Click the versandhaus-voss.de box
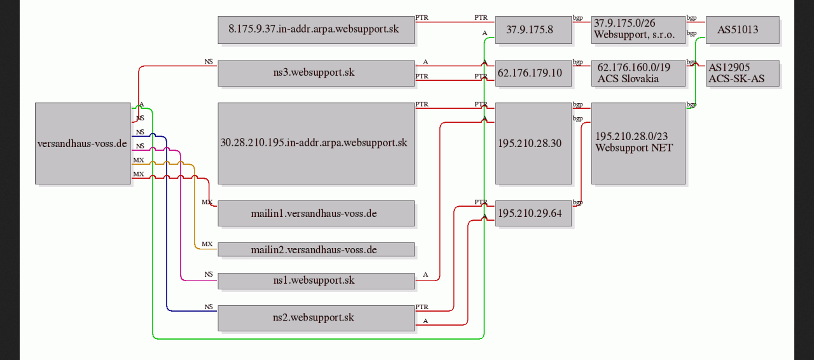pyautogui.click(x=83, y=143)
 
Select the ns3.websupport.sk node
pyautogui.click(x=316, y=73)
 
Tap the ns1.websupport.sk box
pyautogui.click(x=316, y=281)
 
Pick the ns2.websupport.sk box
pyautogui.click(x=316, y=318)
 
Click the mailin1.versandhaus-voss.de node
pyautogui.click(x=316, y=214)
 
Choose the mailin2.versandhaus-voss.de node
pyautogui.click(x=316, y=249)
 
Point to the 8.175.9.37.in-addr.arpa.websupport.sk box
pyautogui.click(x=316, y=30)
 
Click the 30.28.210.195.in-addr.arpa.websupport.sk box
pyautogui.click(x=316, y=143)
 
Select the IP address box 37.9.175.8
pyautogui.click(x=534, y=30)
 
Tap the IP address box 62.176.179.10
pyautogui.click(x=534, y=73)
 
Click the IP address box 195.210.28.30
pyautogui.click(x=534, y=143)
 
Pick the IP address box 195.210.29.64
pyautogui.click(x=534, y=214)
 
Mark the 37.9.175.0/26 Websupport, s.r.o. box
pyautogui.click(x=638, y=30)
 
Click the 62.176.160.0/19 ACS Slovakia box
pyautogui.click(x=638, y=73)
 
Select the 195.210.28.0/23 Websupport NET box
pyautogui.click(x=638, y=143)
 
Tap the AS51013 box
pyautogui.click(x=743, y=30)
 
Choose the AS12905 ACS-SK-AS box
pyautogui.click(x=743, y=73)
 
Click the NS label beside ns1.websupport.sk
pyautogui.click(x=209, y=274)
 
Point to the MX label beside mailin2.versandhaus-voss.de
pyautogui.click(x=207, y=244)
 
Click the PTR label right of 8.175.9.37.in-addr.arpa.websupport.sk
pyautogui.click(x=422, y=17)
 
